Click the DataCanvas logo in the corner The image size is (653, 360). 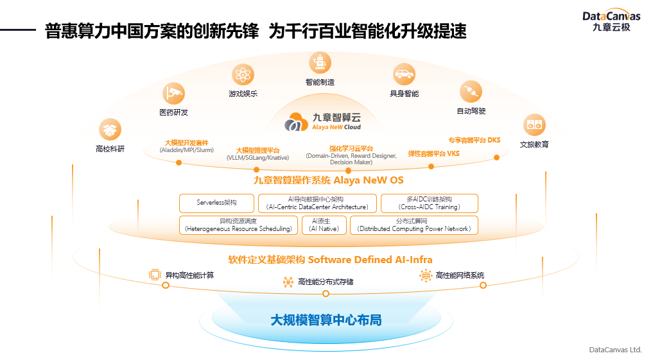click(x=611, y=21)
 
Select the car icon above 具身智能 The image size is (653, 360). click(x=403, y=74)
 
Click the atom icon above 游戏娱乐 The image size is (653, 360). click(x=243, y=74)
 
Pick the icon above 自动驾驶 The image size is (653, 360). click(x=471, y=92)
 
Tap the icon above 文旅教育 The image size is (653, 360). click(x=534, y=124)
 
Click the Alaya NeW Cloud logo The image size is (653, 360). click(x=324, y=121)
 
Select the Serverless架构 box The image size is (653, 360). click(x=216, y=203)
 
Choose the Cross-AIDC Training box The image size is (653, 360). click(x=429, y=203)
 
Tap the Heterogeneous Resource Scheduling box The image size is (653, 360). click(x=238, y=225)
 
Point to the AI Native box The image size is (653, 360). click(x=324, y=225)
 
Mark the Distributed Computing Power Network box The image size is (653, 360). click(x=414, y=225)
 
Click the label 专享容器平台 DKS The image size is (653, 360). click(x=474, y=140)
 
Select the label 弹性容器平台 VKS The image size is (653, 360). click(x=433, y=154)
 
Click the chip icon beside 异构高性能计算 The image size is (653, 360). click(x=155, y=275)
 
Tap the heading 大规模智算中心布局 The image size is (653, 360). click(x=326, y=320)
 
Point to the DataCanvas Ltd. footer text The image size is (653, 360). click(x=615, y=350)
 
